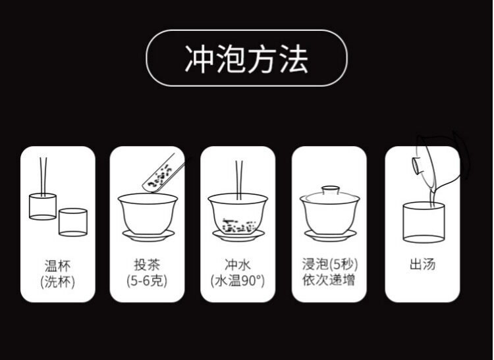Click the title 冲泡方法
(246, 59)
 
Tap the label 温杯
(58, 266)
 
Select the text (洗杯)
(58, 282)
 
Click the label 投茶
(147, 265)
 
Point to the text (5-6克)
(147, 280)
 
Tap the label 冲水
(238, 265)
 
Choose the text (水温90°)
(238, 280)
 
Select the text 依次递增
(329, 280)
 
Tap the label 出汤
(422, 265)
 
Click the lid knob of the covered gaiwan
(330, 190)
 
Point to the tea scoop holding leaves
(163, 172)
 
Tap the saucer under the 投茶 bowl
(148, 236)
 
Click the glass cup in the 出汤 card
(424, 223)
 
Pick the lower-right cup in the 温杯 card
(72, 222)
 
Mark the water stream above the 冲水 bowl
(239, 180)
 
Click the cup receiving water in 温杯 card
(43, 207)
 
